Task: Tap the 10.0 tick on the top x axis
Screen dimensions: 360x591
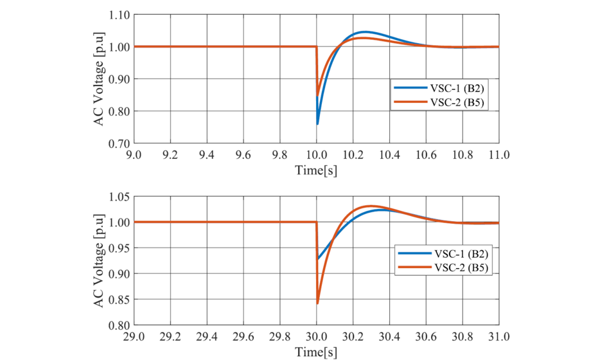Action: (317, 155)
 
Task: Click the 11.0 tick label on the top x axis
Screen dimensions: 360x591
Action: (499, 155)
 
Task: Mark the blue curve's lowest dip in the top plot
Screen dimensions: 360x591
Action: (317, 124)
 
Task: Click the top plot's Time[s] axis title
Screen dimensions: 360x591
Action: (316, 170)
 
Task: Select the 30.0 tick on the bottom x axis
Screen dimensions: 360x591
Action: (317, 337)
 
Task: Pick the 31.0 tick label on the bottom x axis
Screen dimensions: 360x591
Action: (499, 337)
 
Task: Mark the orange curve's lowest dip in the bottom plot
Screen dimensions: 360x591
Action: (317, 303)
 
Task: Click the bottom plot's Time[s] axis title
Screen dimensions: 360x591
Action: (316, 352)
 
